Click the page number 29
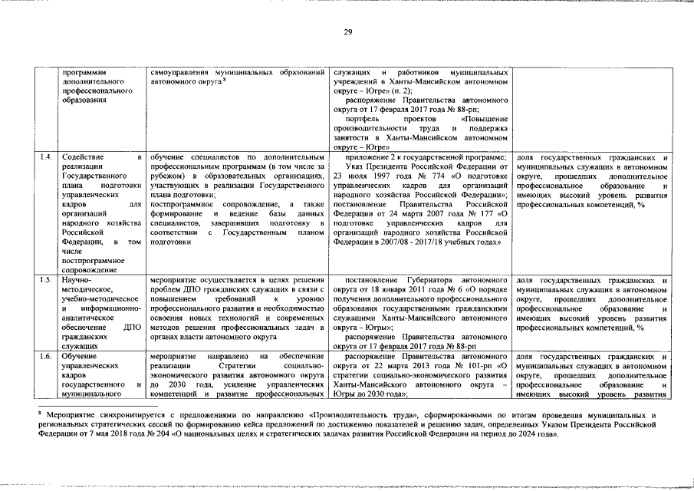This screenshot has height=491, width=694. point(347,31)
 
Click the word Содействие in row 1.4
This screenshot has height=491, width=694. point(84,157)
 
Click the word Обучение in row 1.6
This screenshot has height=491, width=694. point(79,357)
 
